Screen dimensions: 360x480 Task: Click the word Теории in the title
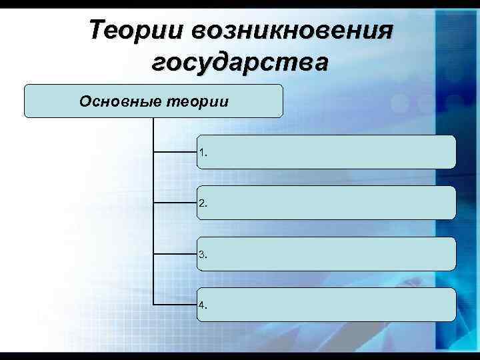(136, 30)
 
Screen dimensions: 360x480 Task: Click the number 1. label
(203, 153)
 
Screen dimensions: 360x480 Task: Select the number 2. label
(203, 203)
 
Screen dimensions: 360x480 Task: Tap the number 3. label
(203, 254)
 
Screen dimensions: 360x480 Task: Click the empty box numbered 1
(333, 152)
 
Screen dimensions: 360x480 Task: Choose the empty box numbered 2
(333, 203)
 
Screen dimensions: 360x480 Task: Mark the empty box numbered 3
(333, 253)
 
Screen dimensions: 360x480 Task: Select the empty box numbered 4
(333, 305)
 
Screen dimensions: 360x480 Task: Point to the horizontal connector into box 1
(175, 152)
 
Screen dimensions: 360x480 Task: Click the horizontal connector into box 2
(175, 203)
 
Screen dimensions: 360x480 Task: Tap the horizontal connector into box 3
(175, 253)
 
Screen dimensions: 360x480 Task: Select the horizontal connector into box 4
(175, 305)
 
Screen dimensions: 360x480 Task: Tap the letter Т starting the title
(97, 30)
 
